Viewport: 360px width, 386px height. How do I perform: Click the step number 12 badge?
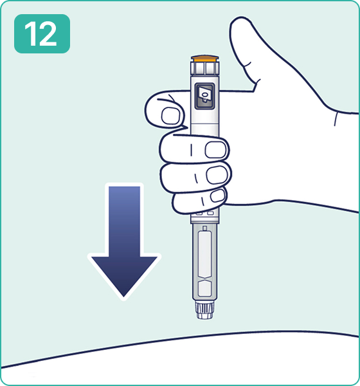(42, 33)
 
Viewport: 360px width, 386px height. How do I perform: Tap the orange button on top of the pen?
(204, 59)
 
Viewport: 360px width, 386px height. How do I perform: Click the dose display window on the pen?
(204, 96)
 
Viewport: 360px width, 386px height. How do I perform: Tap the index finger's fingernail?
(170, 115)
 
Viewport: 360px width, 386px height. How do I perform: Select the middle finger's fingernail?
(215, 150)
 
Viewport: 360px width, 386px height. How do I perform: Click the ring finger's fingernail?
(217, 174)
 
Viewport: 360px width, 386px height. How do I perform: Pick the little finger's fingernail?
(218, 196)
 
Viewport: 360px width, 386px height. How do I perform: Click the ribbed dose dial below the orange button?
(204, 68)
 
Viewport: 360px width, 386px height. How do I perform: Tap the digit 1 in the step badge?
(32, 33)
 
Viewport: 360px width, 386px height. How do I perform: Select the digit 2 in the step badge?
(48, 33)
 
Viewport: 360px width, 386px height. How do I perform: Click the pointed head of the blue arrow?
(124, 277)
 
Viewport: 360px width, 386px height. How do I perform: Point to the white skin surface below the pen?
(180, 362)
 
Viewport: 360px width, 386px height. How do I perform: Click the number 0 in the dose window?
(204, 94)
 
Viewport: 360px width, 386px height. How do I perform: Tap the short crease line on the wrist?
(336, 119)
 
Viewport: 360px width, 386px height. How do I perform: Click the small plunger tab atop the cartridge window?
(204, 228)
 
